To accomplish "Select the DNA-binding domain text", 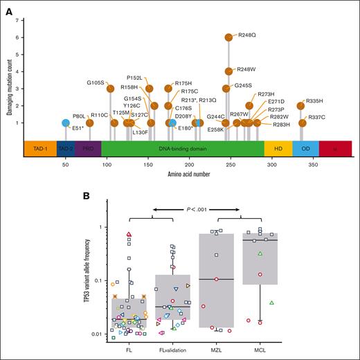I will pyautogui.click(x=183, y=149).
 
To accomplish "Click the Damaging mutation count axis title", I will pyautogui.click(x=9, y=88).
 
